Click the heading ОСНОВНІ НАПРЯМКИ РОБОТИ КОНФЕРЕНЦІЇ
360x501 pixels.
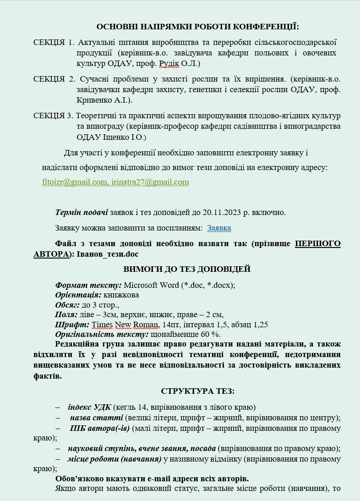[197, 27]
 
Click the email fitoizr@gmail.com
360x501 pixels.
[75, 182]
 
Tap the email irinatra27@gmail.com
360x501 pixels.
[150, 182]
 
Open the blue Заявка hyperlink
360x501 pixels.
[219, 228]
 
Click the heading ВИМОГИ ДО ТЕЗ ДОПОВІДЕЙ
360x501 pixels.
[187, 269]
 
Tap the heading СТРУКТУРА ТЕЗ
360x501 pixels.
[198, 391]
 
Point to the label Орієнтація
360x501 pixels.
[78, 295]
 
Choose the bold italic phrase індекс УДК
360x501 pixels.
[89, 407]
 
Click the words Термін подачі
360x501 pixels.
[82, 213]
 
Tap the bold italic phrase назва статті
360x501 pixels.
[96, 418]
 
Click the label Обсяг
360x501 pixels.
[67, 305]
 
